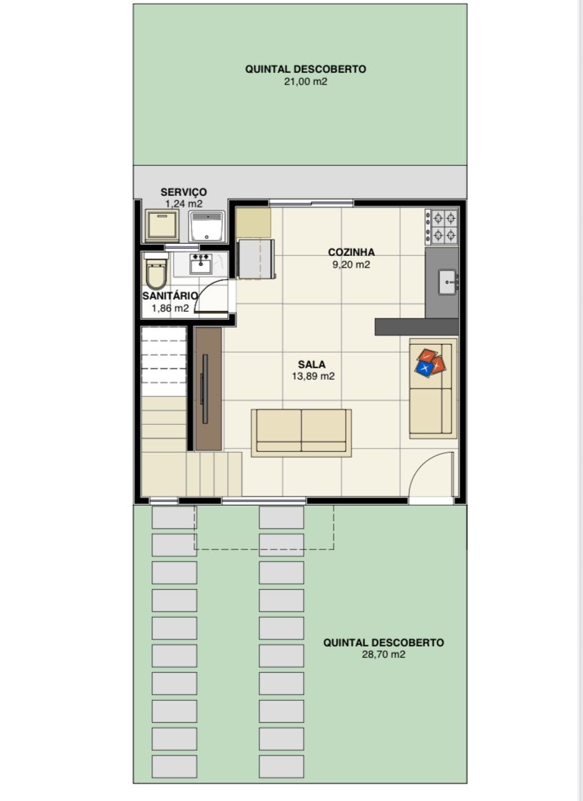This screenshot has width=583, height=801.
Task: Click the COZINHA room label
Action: click(x=352, y=252)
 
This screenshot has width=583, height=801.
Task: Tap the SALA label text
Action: click(x=312, y=364)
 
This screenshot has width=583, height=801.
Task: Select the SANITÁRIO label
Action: click(x=170, y=296)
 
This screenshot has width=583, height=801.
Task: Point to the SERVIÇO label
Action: click(x=184, y=192)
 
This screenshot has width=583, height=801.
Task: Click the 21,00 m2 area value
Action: click(x=306, y=82)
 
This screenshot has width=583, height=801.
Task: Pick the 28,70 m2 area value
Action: click(x=384, y=654)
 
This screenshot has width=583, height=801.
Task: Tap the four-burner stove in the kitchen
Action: click(x=442, y=227)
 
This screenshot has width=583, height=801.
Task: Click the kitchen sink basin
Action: click(x=448, y=282)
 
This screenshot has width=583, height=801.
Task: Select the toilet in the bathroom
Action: click(x=156, y=271)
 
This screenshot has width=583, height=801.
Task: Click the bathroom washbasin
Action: click(x=201, y=264)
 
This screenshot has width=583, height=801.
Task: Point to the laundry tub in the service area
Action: click(x=206, y=226)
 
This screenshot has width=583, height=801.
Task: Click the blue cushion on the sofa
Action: click(x=424, y=368)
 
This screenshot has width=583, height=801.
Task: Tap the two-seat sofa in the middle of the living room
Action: click(x=302, y=433)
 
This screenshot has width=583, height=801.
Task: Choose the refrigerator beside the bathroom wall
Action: click(x=256, y=259)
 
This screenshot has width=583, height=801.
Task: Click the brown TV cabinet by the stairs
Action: click(x=209, y=389)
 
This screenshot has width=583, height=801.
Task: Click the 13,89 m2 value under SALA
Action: click(x=314, y=376)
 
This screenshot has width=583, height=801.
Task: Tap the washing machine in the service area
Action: click(x=162, y=225)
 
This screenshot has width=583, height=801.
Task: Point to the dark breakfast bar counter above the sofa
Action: click(x=417, y=327)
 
